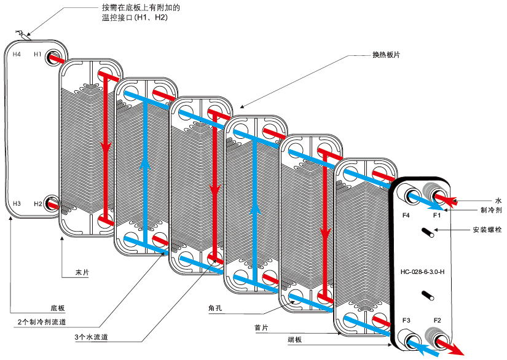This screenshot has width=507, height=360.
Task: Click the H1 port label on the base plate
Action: click(x=37, y=54)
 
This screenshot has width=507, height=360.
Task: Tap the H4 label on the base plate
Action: click(x=17, y=54)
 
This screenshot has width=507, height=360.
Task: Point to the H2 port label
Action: click(x=37, y=203)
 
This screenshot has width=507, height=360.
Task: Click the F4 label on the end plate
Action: click(x=406, y=216)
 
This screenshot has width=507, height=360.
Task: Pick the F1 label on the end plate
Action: click(x=437, y=216)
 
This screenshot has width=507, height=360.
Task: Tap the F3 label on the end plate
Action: click(x=406, y=321)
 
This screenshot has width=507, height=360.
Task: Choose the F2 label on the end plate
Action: click(x=438, y=321)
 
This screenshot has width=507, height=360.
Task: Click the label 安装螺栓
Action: click(x=487, y=230)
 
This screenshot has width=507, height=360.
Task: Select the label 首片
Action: click(x=261, y=327)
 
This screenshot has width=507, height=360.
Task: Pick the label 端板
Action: click(x=294, y=339)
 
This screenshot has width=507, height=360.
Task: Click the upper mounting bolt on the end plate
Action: click(x=427, y=232)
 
